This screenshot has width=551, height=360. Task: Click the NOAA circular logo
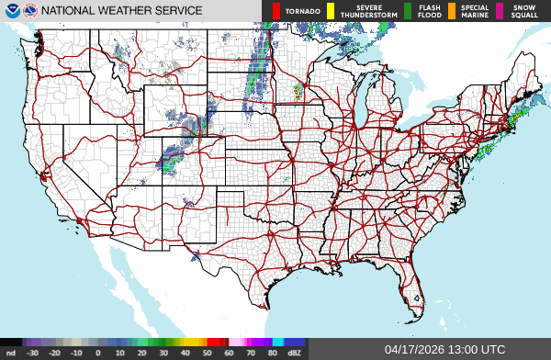pyautogui.click(x=11, y=11)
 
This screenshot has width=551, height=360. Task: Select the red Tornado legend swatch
pyautogui.click(x=276, y=11)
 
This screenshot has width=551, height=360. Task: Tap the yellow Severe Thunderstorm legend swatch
pyautogui.click(x=330, y=11)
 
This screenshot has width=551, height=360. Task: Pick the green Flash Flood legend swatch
pyautogui.click(x=408, y=11)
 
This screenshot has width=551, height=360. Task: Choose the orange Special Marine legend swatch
pyautogui.click(x=452, y=11)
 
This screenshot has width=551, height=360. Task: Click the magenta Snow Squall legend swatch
pyautogui.click(x=500, y=11)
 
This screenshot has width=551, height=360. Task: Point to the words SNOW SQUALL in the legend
pyautogui.click(x=524, y=11)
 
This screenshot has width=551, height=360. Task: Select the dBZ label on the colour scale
pyautogui.click(x=295, y=353)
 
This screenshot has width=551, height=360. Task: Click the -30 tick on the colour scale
pyautogui.click(x=33, y=353)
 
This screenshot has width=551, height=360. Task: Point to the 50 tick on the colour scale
pyautogui.click(x=208, y=353)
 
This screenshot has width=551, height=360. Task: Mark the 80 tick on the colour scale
pyautogui.click(x=273, y=353)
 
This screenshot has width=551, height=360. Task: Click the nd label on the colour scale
pyautogui.click(x=11, y=353)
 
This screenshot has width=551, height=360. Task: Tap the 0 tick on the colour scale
pyautogui.click(x=98, y=353)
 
